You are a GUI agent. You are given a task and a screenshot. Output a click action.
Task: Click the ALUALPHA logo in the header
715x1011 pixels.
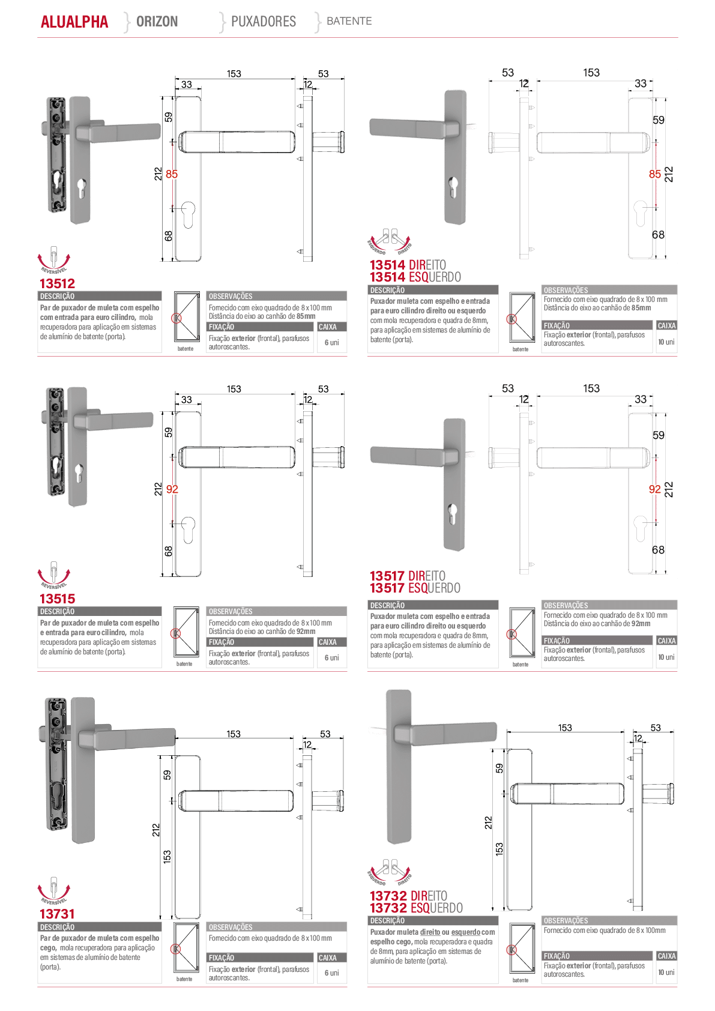pyautogui.click(x=74, y=22)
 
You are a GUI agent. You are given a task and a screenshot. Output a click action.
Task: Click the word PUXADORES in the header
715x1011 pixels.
pyautogui.click(x=264, y=21)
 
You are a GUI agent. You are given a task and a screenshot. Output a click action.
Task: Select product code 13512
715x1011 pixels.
pyautogui.click(x=57, y=283)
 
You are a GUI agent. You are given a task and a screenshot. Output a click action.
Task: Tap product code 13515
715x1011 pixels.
pyautogui.click(x=57, y=599)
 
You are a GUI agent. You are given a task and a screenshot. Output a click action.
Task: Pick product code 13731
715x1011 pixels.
pyautogui.click(x=57, y=914)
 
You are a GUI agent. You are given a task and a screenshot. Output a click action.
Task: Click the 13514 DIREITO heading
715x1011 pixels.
pyautogui.click(x=408, y=265)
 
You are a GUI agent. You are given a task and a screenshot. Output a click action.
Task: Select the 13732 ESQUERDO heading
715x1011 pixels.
pyautogui.click(x=416, y=908)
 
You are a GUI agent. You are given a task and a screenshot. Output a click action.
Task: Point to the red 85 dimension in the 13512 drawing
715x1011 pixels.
pyautogui.click(x=172, y=174)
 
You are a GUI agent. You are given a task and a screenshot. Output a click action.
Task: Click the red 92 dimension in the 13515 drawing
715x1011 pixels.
pyautogui.click(x=172, y=489)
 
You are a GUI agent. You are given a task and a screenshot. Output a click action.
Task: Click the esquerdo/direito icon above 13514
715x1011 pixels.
pyautogui.click(x=390, y=241)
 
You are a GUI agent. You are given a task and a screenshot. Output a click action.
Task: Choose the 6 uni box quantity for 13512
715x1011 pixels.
pyautogui.click(x=332, y=343)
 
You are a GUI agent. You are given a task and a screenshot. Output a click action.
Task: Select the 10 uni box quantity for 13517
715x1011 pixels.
pyautogui.click(x=666, y=657)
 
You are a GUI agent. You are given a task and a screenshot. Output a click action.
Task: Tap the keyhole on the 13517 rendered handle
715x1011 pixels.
pyautogui.click(x=453, y=512)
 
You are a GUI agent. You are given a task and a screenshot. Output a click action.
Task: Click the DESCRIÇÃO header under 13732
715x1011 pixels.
pyautogui.click(x=387, y=921)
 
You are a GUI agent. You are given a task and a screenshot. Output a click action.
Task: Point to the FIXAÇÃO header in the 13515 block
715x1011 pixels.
pyautogui.click(x=222, y=642)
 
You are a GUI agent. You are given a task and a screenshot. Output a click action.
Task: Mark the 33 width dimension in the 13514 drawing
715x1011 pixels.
pyautogui.click(x=641, y=83)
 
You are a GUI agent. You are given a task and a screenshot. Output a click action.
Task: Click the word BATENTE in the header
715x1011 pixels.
pyautogui.click(x=349, y=21)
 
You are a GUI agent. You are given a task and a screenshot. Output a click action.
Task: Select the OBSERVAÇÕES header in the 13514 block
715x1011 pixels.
pyautogui.click(x=566, y=290)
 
